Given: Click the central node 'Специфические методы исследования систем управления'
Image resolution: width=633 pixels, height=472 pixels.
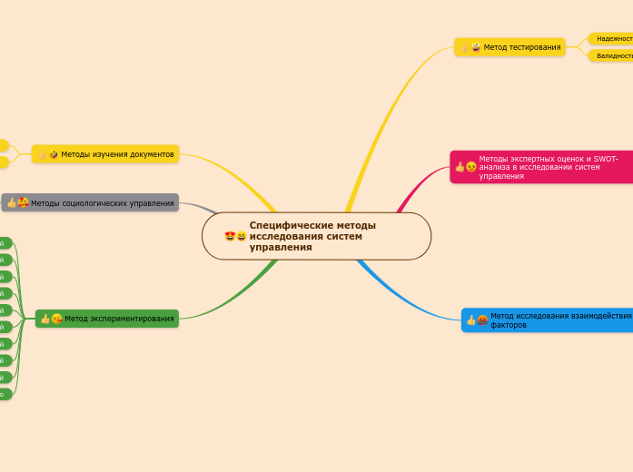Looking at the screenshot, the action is click(x=316, y=236).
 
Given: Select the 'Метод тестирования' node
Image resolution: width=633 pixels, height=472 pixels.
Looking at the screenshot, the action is click(x=509, y=47).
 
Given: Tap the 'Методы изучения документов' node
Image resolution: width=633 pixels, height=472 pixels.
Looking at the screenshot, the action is click(x=105, y=154).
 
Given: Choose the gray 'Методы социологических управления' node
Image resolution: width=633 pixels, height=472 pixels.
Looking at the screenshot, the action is click(x=90, y=202).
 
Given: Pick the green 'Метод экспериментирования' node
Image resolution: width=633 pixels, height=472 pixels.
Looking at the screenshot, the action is click(x=107, y=319).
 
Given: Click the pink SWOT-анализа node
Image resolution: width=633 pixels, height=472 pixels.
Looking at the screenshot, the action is click(x=542, y=167).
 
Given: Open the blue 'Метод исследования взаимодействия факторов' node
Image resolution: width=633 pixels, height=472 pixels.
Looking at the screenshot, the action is click(x=547, y=320).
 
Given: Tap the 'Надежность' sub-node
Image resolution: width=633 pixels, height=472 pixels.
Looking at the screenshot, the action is click(x=614, y=39).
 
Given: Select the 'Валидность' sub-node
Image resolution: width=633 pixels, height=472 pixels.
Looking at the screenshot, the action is click(x=614, y=56).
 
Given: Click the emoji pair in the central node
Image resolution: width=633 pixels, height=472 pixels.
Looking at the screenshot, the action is click(x=235, y=237).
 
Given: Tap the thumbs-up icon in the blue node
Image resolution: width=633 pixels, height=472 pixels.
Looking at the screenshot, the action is click(x=471, y=320).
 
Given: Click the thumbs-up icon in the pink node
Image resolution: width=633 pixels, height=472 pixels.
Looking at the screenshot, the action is click(x=460, y=167).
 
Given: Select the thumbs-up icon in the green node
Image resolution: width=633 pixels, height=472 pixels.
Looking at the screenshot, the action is click(x=45, y=319).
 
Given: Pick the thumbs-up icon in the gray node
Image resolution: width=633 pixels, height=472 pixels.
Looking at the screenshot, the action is click(x=12, y=202).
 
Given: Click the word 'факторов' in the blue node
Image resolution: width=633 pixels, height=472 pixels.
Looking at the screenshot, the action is click(x=509, y=324).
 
